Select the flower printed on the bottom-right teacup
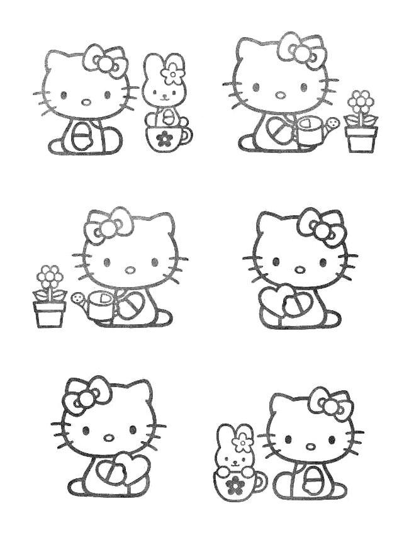click(235, 483)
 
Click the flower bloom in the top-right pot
click(361, 101)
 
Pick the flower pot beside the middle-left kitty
click(50, 313)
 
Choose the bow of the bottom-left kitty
click(87, 395)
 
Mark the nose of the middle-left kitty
click(130, 269)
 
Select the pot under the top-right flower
click(361, 139)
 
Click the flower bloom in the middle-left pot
click(50, 276)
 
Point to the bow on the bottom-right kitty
click(330, 404)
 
